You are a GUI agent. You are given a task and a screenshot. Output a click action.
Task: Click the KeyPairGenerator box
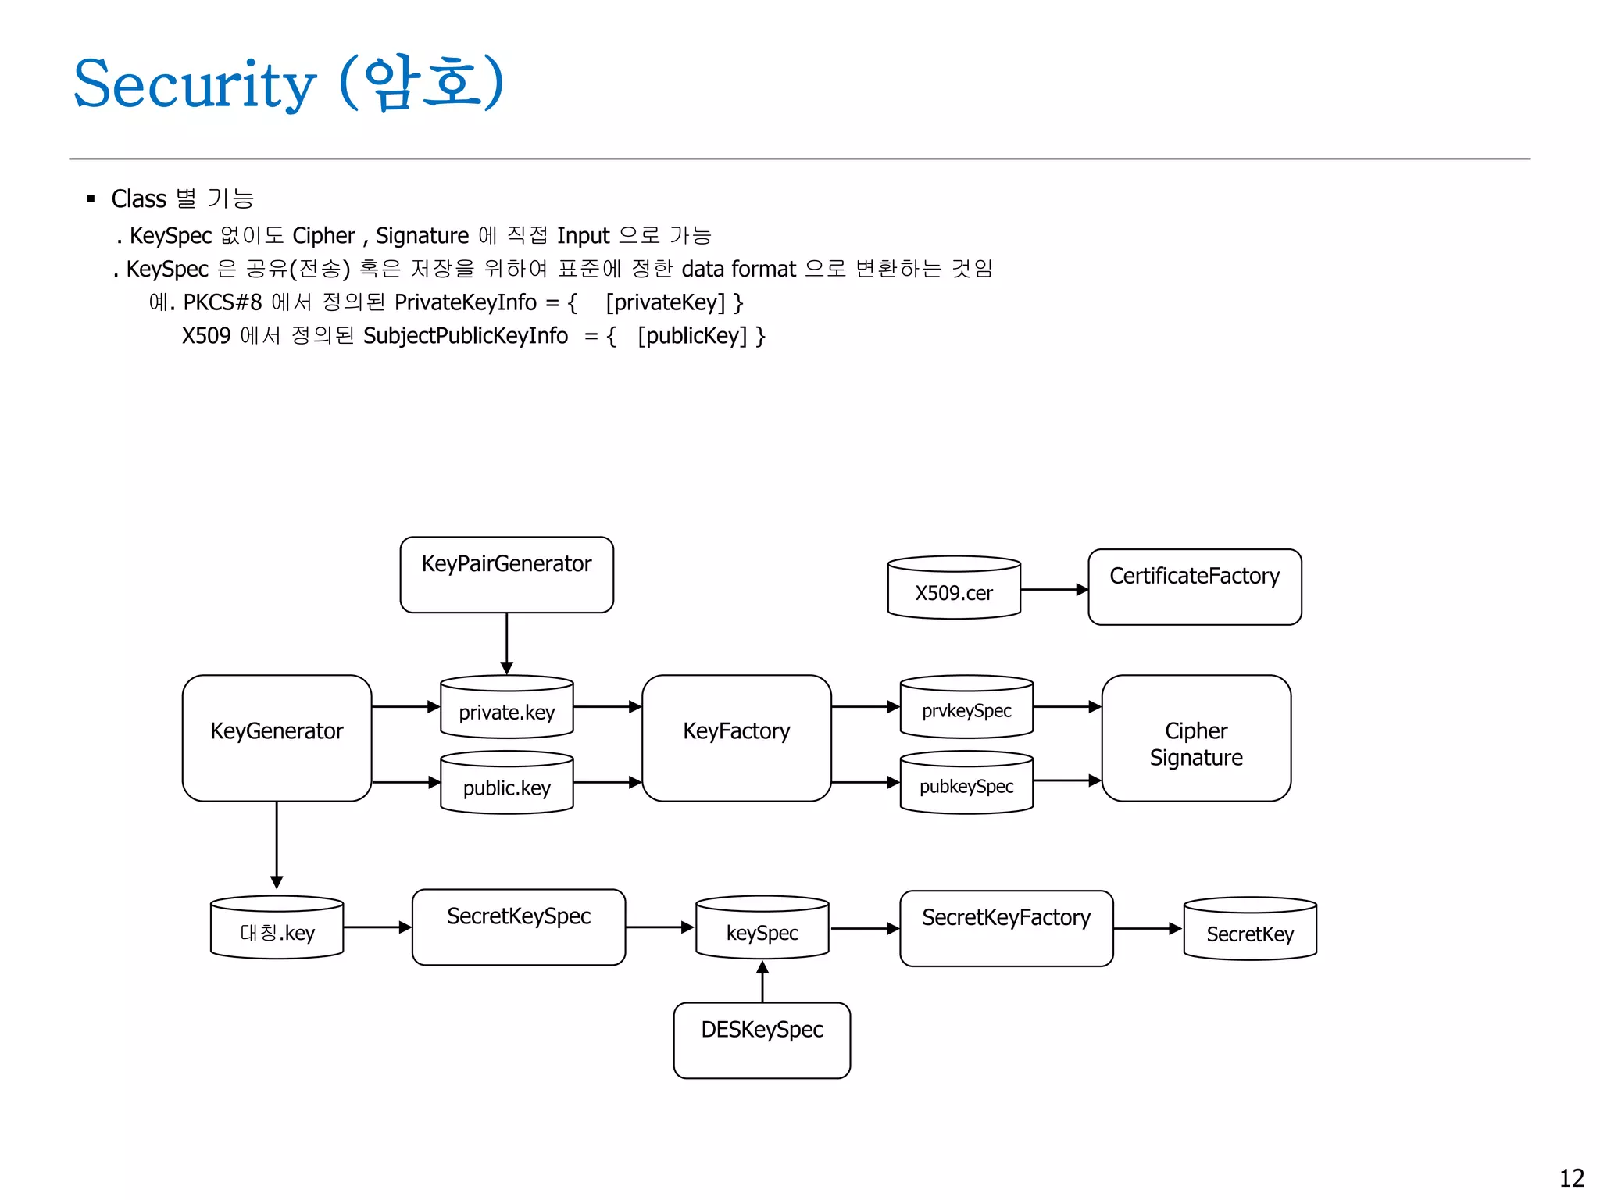click(x=506, y=574)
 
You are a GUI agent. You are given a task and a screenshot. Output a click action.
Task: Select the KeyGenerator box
click(x=277, y=737)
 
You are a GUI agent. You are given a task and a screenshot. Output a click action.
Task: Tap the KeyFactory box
click(x=736, y=737)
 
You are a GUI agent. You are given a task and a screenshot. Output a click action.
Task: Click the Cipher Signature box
click(x=1195, y=737)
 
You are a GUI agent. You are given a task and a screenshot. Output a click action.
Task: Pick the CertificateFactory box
click(x=1194, y=586)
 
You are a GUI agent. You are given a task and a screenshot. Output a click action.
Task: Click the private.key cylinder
click(x=506, y=708)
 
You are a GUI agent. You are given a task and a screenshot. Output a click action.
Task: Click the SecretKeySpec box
click(x=518, y=927)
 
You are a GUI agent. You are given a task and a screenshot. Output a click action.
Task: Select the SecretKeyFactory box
click(x=1005, y=928)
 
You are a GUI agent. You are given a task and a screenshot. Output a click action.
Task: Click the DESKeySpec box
click(x=762, y=1040)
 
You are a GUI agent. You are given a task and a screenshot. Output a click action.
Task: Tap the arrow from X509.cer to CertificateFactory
click(x=1054, y=590)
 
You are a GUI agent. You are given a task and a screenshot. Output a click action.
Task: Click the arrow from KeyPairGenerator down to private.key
click(x=506, y=643)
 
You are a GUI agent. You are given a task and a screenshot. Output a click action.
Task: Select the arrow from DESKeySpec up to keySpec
click(x=762, y=982)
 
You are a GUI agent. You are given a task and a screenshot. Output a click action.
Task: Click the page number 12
click(x=1571, y=1177)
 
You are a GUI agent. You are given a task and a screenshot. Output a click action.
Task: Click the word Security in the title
click(x=195, y=84)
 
